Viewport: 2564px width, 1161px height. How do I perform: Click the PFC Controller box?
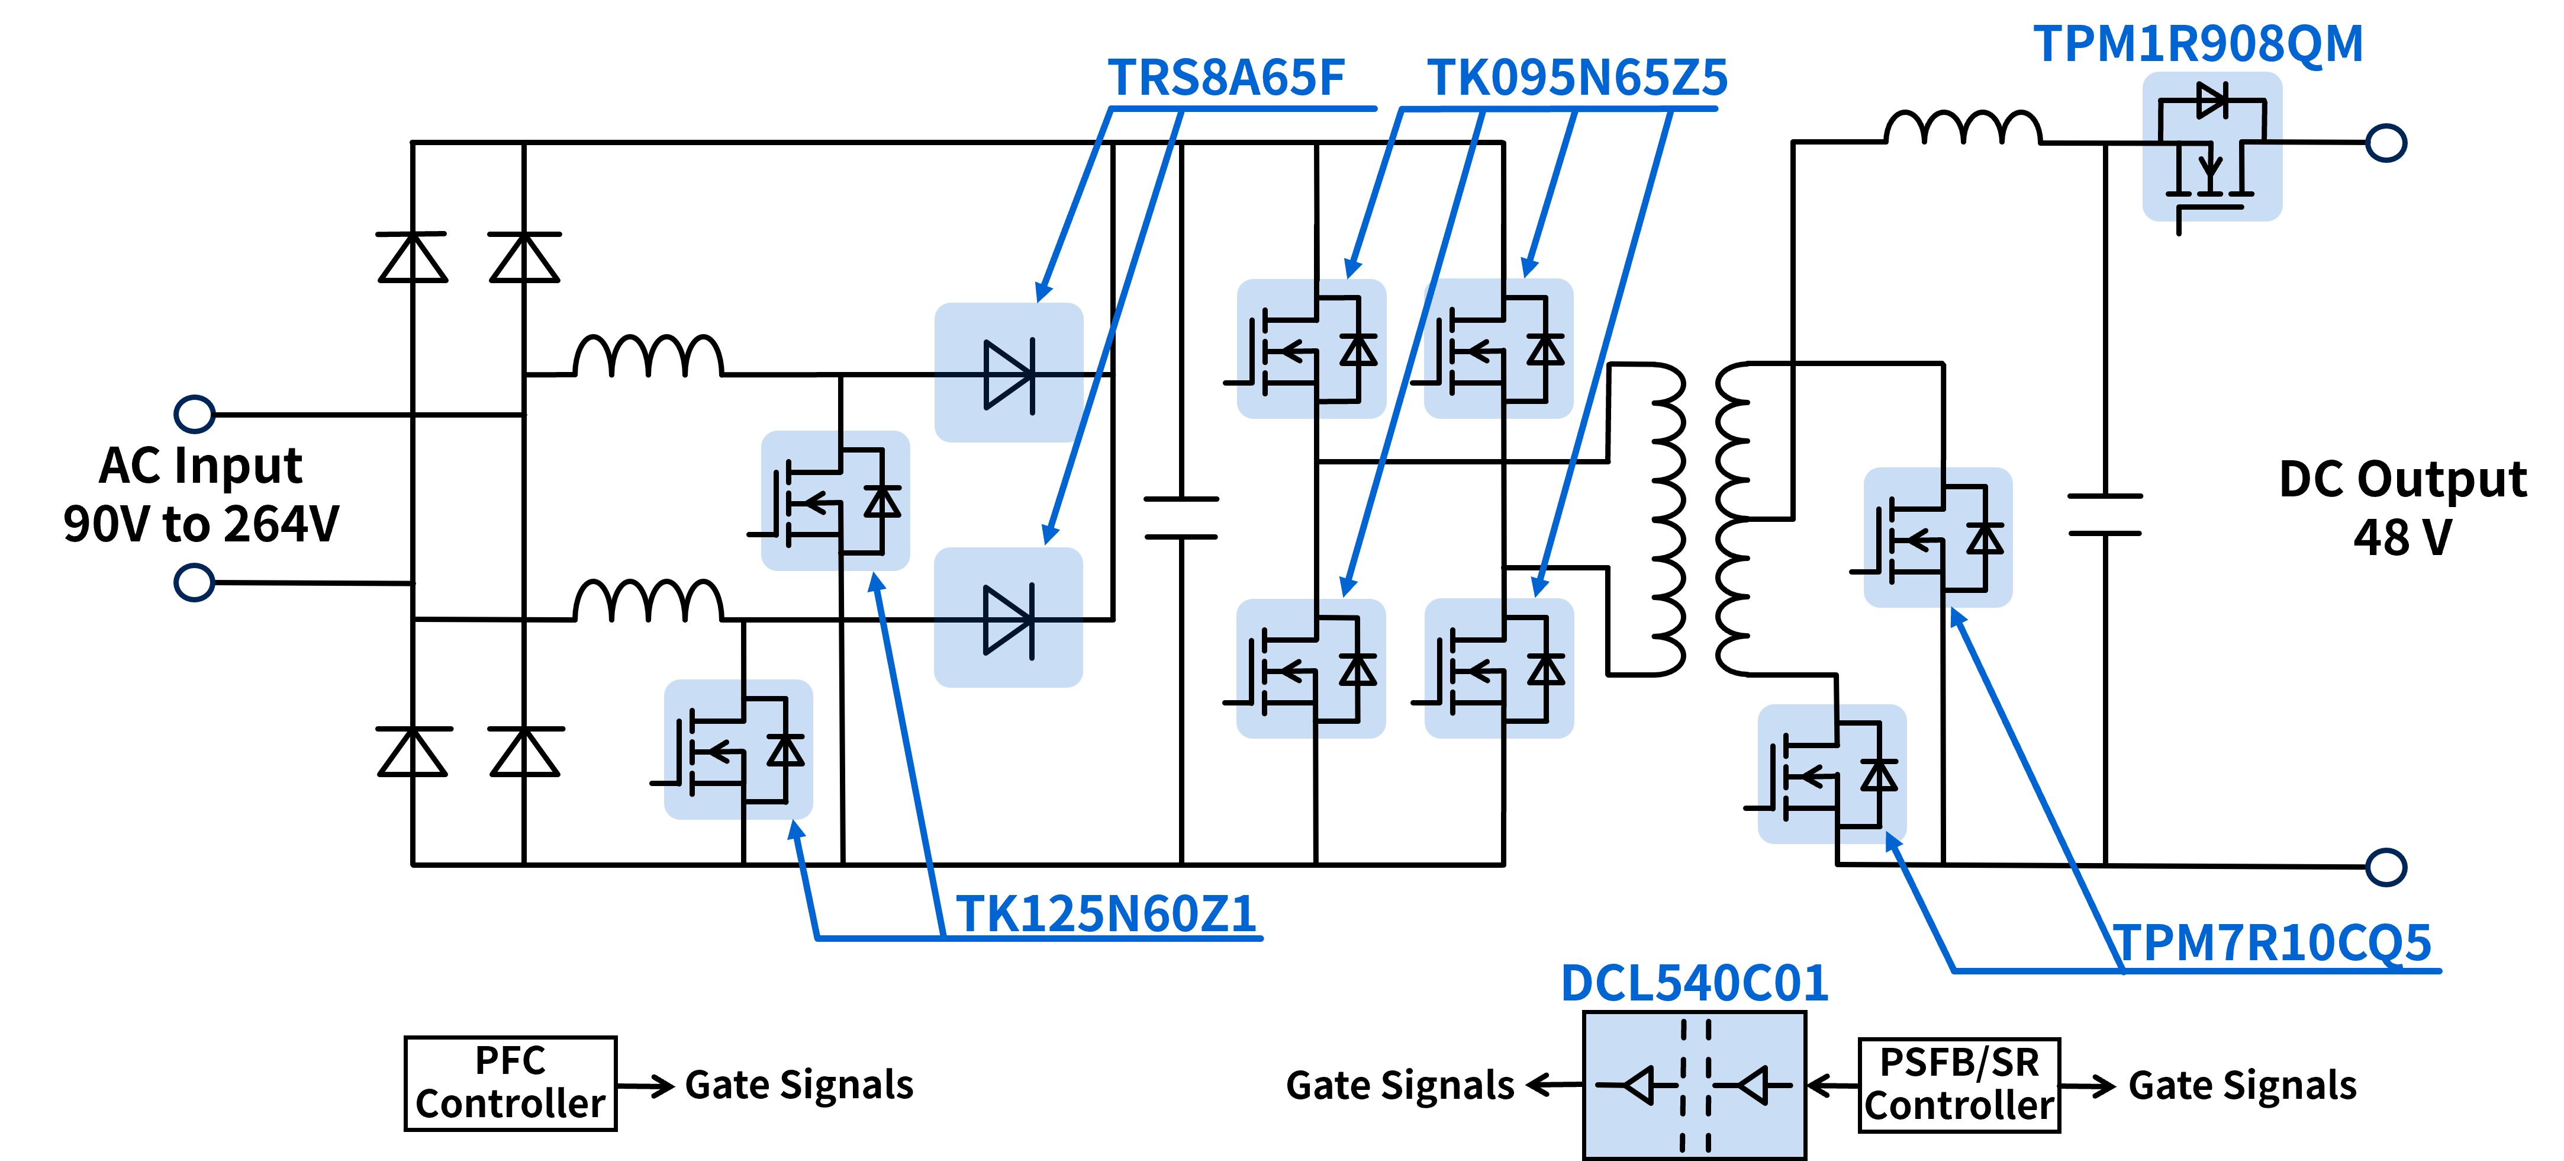click(511, 1083)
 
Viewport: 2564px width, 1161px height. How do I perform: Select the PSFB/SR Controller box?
click(1959, 1085)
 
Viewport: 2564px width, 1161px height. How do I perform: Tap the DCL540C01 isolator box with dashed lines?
click(1694, 1085)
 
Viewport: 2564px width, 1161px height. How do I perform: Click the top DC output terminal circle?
click(2386, 142)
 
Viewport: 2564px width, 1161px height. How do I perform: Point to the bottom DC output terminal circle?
click(2386, 866)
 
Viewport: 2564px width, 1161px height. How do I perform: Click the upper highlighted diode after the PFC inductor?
click(1009, 373)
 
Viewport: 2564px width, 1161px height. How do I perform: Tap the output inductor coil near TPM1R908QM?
click(1963, 127)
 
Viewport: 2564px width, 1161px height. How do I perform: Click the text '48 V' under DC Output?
click(2402, 538)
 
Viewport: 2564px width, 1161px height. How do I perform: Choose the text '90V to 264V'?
click(201, 524)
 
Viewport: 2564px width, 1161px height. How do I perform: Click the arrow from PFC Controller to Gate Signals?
click(646, 1085)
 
